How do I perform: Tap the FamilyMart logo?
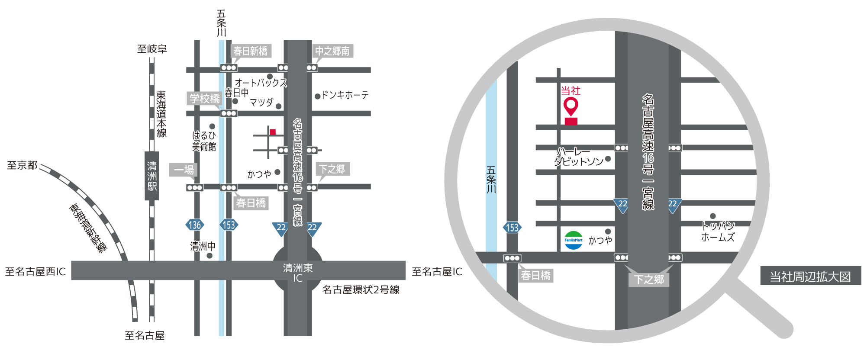(574, 240)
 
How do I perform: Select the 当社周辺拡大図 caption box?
(810, 276)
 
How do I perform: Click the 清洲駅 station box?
(152, 176)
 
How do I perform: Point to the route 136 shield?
(195, 225)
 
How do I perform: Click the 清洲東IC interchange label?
(298, 273)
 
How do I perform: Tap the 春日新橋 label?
(251, 51)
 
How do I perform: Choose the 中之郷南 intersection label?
(332, 51)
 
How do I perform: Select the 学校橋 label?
(205, 99)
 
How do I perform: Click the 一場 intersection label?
(184, 170)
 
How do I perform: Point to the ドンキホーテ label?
(345, 95)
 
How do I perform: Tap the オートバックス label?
(261, 83)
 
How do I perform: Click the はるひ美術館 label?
(204, 141)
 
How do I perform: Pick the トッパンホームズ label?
(718, 231)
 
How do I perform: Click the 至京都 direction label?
(22, 165)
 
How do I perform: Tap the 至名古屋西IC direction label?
(35, 272)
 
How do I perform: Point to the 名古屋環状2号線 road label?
(361, 290)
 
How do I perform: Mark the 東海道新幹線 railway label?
(88, 228)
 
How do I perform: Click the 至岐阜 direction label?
(152, 49)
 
